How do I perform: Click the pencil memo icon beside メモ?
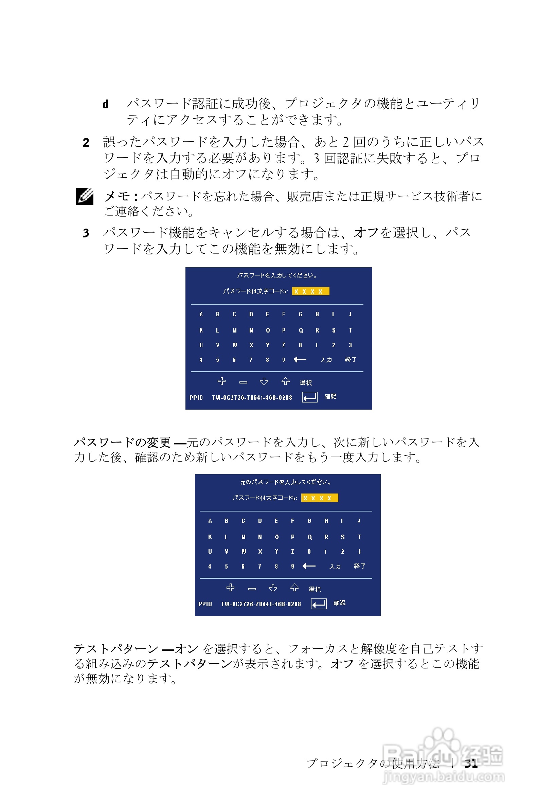point(85,197)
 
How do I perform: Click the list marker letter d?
point(105,104)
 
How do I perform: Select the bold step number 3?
point(86,233)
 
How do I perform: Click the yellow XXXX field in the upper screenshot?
point(310,291)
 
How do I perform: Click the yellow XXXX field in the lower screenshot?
point(319,498)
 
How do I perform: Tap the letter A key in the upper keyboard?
point(201,314)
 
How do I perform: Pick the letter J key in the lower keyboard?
point(359,521)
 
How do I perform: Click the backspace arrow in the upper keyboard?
point(300,360)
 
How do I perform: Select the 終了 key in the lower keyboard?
point(359,566)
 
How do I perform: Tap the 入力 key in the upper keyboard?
point(326,360)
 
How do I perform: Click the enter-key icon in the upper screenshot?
point(309,397)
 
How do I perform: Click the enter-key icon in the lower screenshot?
point(318,604)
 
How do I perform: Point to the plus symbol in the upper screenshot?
point(222,381)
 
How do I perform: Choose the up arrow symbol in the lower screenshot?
point(294,588)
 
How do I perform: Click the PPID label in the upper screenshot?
point(196,398)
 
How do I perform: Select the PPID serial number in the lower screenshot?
point(261,604)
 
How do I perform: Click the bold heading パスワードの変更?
point(122,443)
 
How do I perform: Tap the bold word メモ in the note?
point(117,197)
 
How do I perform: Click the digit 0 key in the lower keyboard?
point(309,551)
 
